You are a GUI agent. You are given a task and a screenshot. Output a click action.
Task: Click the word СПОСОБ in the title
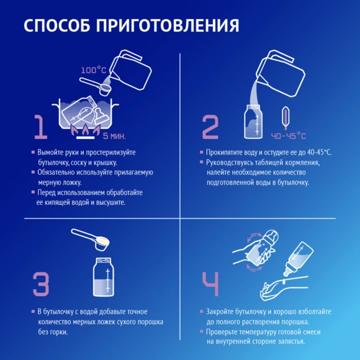tap(57, 25)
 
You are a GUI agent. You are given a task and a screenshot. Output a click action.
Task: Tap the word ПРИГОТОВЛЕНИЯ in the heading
tap(168, 25)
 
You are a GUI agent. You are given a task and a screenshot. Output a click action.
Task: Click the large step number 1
tap(41, 127)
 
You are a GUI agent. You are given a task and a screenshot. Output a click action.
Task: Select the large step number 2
tap(210, 127)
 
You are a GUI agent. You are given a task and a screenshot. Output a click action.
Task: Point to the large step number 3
tap(41, 284)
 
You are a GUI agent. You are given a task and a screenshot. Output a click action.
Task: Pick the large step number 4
tap(210, 284)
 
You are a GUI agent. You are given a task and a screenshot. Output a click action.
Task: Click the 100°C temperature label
tap(94, 70)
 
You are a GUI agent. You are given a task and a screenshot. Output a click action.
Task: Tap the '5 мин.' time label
tap(114, 136)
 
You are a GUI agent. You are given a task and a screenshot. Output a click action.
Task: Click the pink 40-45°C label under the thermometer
tap(289, 136)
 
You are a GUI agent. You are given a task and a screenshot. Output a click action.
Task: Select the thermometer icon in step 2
tap(286, 118)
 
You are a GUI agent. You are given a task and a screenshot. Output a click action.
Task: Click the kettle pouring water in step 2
tap(281, 73)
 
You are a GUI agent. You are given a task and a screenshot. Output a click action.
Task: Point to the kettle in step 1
tap(130, 70)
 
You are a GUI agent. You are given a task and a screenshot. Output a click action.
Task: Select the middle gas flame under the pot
tap(85, 130)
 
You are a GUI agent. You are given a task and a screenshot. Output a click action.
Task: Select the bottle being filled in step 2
tap(253, 122)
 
